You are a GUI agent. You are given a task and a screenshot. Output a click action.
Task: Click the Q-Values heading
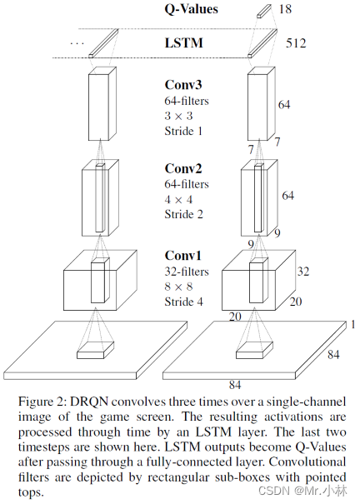[192, 9]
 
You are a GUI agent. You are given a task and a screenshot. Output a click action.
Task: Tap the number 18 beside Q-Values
[285, 9]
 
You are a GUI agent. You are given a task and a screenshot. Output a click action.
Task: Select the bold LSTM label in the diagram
[184, 43]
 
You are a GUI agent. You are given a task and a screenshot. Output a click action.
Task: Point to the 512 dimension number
[296, 43]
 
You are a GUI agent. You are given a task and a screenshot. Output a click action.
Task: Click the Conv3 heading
[183, 85]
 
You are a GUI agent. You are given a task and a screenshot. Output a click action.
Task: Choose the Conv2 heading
[183, 168]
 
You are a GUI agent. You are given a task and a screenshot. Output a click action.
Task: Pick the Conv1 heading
[182, 256]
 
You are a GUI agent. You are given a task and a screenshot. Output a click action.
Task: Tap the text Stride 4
[184, 302]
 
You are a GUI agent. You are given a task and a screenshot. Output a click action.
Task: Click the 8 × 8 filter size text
[178, 287]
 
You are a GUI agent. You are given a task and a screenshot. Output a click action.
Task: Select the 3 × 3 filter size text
[178, 116]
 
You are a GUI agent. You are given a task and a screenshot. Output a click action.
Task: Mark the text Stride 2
[184, 214]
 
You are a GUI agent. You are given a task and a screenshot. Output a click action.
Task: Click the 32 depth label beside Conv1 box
[303, 272]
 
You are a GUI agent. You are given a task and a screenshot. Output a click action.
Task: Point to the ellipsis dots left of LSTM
[77, 43]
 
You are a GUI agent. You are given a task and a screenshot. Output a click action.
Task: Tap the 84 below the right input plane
[235, 385]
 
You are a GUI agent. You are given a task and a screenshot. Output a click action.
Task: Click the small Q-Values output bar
[264, 11]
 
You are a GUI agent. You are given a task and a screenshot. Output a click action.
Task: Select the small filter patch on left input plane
[96, 351]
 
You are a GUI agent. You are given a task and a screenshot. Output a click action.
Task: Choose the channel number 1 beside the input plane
[352, 325]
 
